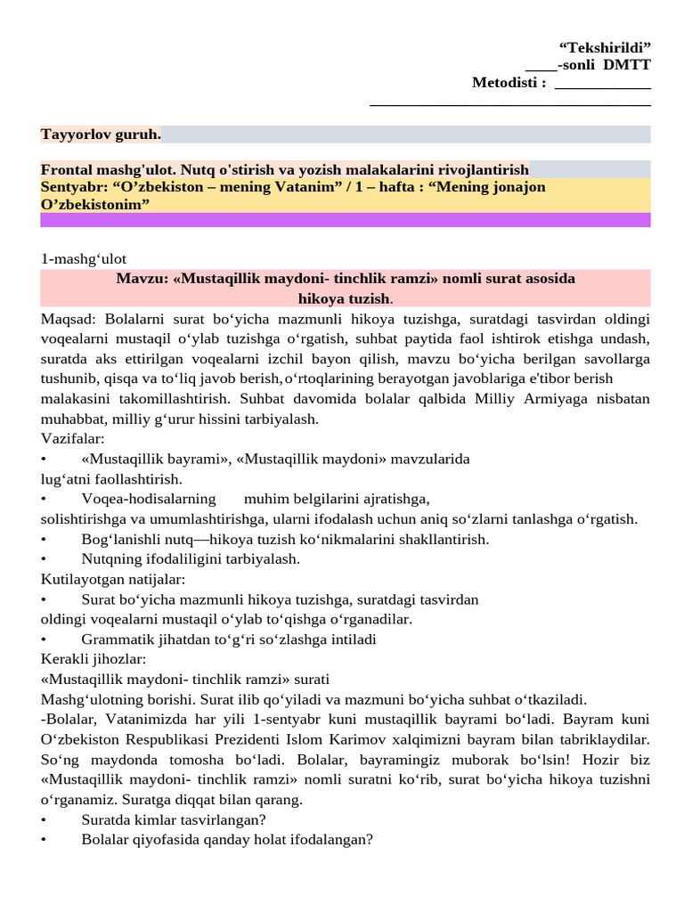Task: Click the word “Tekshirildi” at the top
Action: tap(605, 47)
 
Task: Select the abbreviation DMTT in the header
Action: tap(630, 65)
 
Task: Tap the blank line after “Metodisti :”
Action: tap(602, 84)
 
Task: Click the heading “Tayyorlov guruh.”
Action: tap(101, 134)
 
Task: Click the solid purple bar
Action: tap(346, 220)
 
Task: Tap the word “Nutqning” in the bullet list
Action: tap(109, 559)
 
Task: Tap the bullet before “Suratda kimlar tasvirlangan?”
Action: tap(44, 819)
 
